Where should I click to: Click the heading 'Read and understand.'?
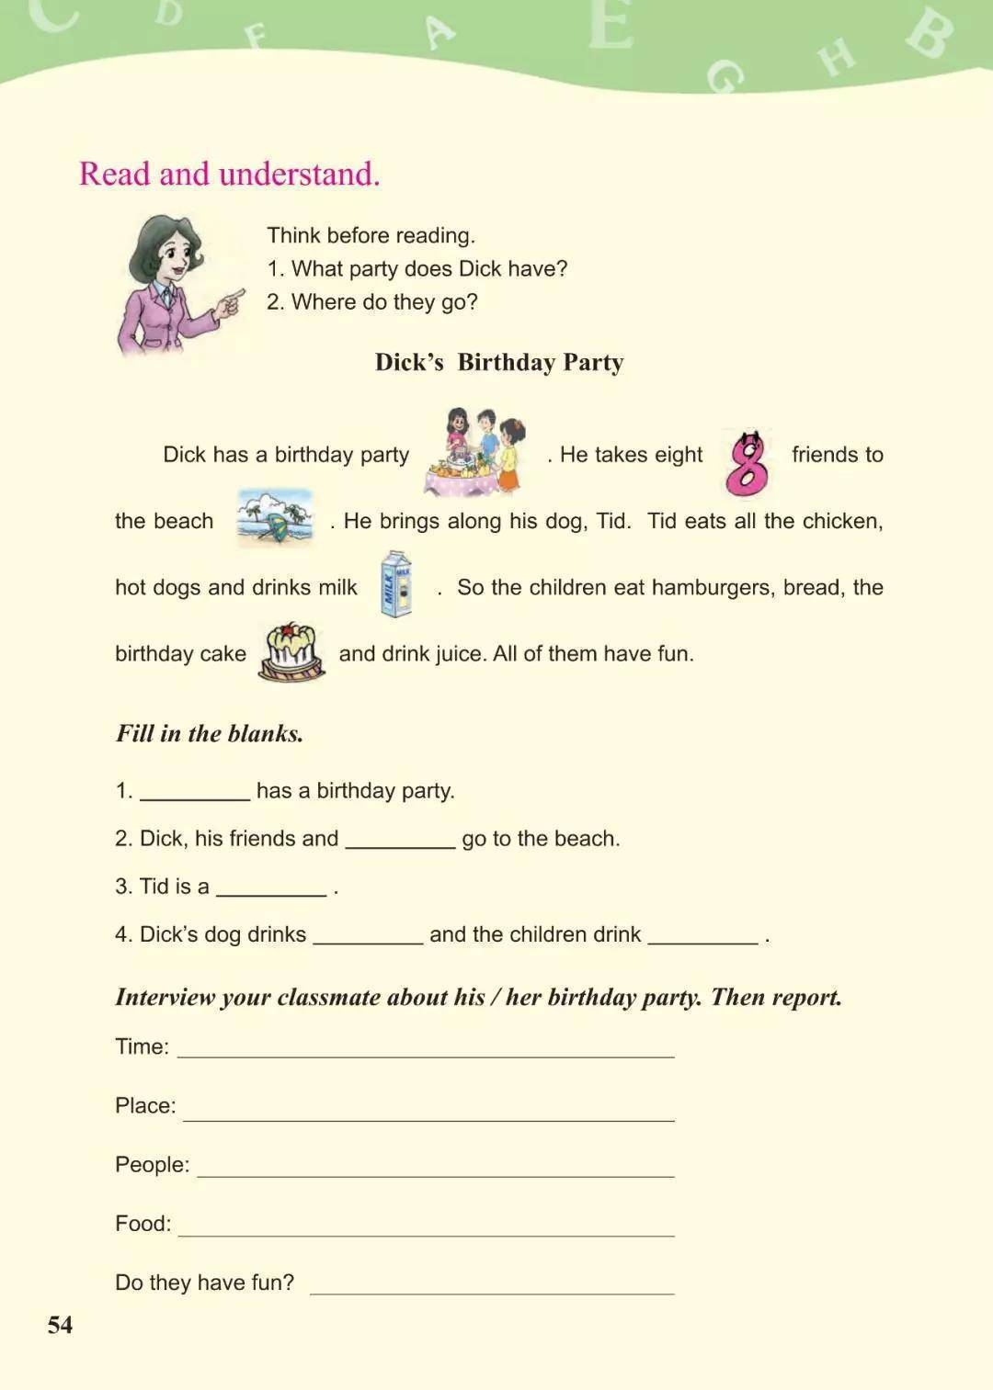[229, 174]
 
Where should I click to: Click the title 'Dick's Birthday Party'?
[499, 362]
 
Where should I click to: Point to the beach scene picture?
[275, 517]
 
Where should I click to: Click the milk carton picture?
[396, 584]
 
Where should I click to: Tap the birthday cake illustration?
[292, 651]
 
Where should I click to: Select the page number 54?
[60, 1324]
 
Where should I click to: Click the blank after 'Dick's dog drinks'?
[368, 938]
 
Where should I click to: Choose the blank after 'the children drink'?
[703, 938]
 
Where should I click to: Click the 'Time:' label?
[142, 1046]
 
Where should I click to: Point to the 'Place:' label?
[145, 1105]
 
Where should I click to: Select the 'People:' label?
[152, 1164]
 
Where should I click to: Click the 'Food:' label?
[143, 1223]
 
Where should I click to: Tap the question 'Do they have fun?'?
[204, 1282]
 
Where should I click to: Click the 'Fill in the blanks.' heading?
[209, 733]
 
